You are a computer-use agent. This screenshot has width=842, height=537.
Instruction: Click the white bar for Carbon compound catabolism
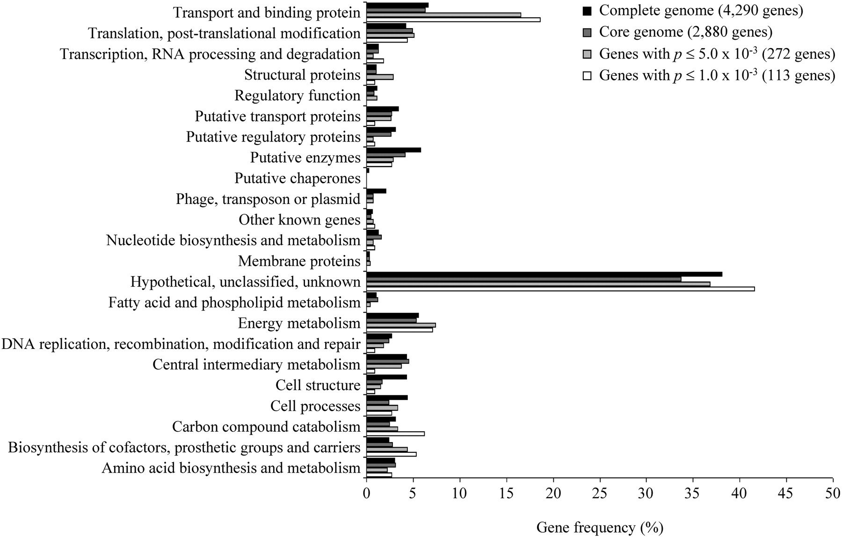(395, 434)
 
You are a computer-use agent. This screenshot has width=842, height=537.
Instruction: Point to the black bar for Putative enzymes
(393, 150)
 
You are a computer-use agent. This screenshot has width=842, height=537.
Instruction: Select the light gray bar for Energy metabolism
(401, 325)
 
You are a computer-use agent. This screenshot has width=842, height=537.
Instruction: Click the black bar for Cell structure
(386, 377)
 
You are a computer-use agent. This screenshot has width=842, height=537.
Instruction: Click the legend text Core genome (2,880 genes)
(686, 32)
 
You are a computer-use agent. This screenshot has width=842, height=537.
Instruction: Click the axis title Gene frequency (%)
(600, 528)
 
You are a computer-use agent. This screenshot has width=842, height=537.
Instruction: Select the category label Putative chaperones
(298, 179)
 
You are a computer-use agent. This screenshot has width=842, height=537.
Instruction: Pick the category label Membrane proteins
(299, 261)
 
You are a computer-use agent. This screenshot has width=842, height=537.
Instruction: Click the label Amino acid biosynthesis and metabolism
(231, 468)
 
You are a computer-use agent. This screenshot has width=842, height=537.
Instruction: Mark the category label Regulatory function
(298, 96)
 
